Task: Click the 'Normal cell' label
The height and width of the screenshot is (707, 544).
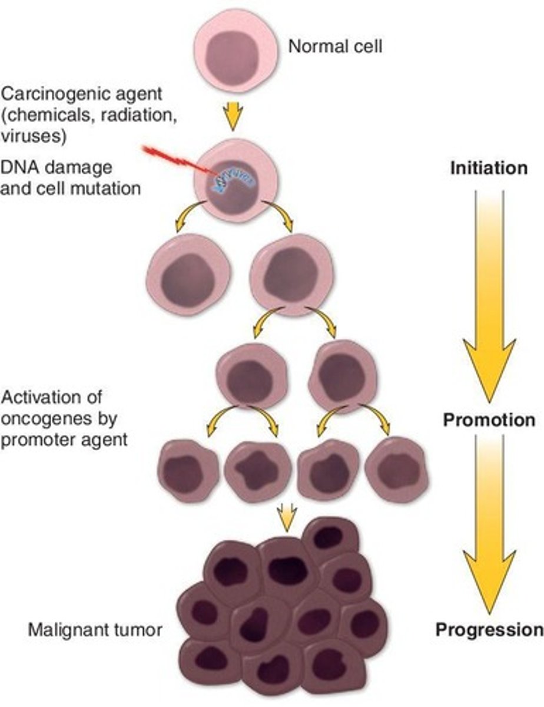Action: click(x=334, y=46)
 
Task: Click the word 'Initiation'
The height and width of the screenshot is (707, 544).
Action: click(x=489, y=168)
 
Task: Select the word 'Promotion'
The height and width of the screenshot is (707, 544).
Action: click(x=489, y=420)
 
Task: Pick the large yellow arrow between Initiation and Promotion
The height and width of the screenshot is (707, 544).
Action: click(x=489, y=295)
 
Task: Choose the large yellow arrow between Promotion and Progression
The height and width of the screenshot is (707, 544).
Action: click(x=489, y=524)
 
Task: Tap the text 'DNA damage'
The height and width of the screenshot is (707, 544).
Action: click(x=56, y=167)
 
